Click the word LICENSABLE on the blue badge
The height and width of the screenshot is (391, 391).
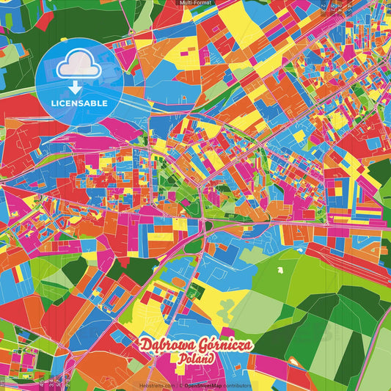(x=79, y=103)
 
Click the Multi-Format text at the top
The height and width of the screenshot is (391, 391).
(x=195, y=3)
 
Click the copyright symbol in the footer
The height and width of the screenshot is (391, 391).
(x=181, y=385)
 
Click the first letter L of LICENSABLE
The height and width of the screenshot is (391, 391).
(x=53, y=103)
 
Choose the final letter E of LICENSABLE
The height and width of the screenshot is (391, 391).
(x=105, y=103)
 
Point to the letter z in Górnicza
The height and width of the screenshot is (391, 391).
(x=238, y=346)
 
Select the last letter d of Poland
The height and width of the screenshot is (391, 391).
(x=210, y=359)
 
